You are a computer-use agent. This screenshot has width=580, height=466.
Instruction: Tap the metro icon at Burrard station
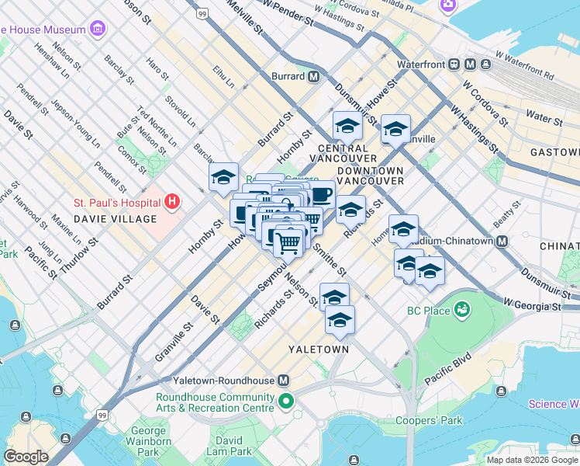pyautogui.click(x=314, y=77)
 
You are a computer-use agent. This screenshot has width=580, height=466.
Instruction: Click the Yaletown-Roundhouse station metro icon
pyautogui.click(x=284, y=381)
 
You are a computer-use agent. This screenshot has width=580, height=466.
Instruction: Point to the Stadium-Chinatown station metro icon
pyautogui.click(x=502, y=241)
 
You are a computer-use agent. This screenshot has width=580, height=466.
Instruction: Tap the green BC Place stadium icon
pyautogui.click(x=463, y=311)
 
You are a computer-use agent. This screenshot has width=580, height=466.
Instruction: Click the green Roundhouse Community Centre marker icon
pyautogui.click(x=286, y=402)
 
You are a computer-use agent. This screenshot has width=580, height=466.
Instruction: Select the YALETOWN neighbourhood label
pyautogui.click(x=318, y=349)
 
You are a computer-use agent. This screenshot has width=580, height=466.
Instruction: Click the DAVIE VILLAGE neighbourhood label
pyautogui.click(x=116, y=219)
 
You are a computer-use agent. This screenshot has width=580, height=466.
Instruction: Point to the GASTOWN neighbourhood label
pyautogui.click(x=554, y=152)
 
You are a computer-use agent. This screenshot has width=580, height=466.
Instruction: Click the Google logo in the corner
pyautogui.click(x=26, y=457)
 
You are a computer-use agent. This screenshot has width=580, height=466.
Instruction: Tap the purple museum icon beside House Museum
pyautogui.click(x=98, y=30)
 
